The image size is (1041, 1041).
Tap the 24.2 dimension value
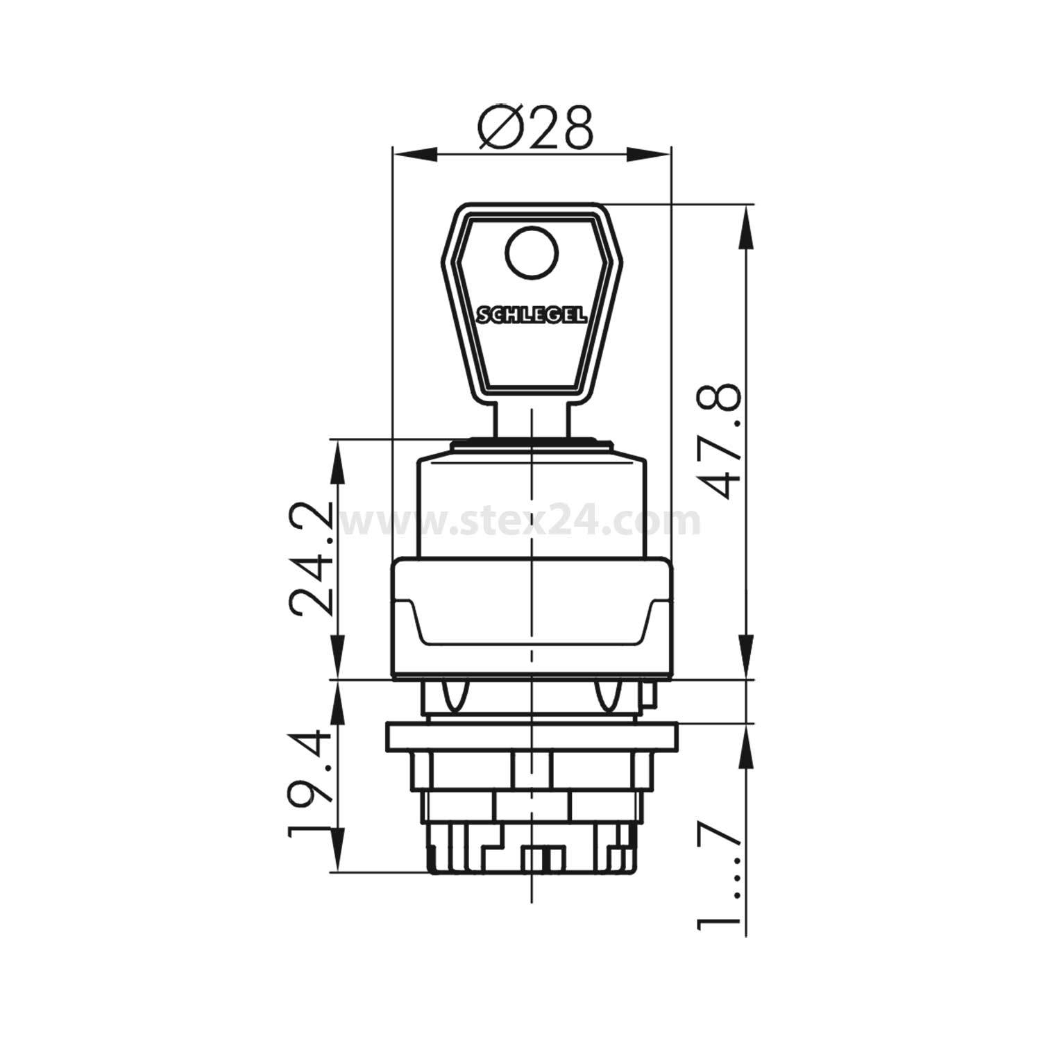point(310,559)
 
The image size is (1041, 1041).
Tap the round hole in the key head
point(532,255)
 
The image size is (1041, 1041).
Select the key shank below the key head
point(532,418)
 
